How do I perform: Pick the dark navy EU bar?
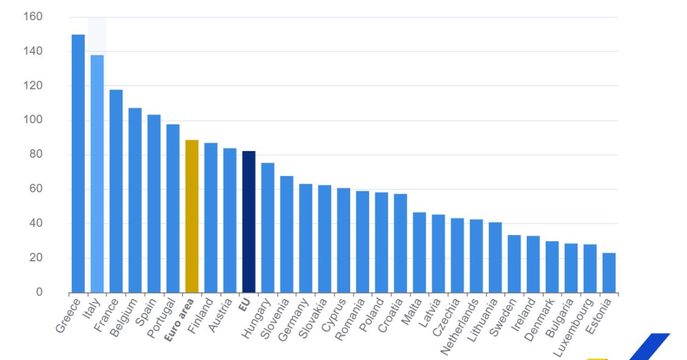pyautogui.click(x=248, y=222)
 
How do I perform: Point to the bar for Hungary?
pyautogui.click(x=267, y=228)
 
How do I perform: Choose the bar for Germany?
pyautogui.click(x=305, y=238)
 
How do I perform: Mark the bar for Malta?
pyautogui.click(x=419, y=252)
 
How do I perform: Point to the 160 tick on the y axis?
pyautogui.click(x=33, y=17)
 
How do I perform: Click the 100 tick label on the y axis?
pyautogui.click(x=33, y=121)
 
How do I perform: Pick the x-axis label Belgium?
pyautogui.click(x=126, y=317)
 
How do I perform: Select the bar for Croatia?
pyautogui.click(x=400, y=243)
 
